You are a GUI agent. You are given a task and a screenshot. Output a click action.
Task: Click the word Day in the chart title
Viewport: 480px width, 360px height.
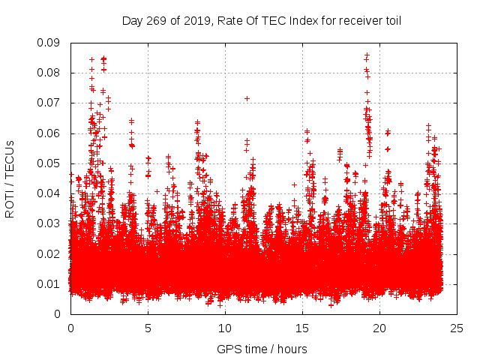(x=132, y=20)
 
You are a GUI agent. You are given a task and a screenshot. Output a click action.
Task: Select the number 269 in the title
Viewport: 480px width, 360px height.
(x=154, y=20)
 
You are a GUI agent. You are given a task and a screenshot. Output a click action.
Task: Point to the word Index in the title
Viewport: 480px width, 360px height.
(x=304, y=20)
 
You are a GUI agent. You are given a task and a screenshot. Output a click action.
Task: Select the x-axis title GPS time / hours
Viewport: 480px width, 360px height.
(x=262, y=349)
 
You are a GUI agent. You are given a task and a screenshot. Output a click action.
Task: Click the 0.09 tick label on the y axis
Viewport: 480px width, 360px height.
(x=50, y=43)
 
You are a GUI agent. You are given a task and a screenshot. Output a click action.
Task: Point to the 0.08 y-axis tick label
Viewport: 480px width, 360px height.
(x=50, y=73)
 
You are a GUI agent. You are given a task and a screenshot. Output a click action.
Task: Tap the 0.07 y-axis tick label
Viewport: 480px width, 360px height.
(x=50, y=103)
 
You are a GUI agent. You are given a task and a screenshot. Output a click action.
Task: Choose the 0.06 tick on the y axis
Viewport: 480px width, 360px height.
(x=50, y=133)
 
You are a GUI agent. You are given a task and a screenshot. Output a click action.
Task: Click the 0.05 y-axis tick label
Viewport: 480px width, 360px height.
(x=50, y=163)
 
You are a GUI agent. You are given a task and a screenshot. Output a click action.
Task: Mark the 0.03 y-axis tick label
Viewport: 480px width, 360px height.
(x=50, y=223)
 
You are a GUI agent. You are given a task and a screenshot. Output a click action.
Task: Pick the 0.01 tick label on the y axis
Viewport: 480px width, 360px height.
(x=50, y=283)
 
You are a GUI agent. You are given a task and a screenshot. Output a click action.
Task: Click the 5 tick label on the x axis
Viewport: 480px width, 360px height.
(x=148, y=328)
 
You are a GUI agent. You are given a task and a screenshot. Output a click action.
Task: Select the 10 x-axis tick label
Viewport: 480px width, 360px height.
(x=225, y=328)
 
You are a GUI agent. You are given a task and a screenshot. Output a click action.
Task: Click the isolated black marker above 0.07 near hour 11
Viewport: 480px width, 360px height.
(x=247, y=98)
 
